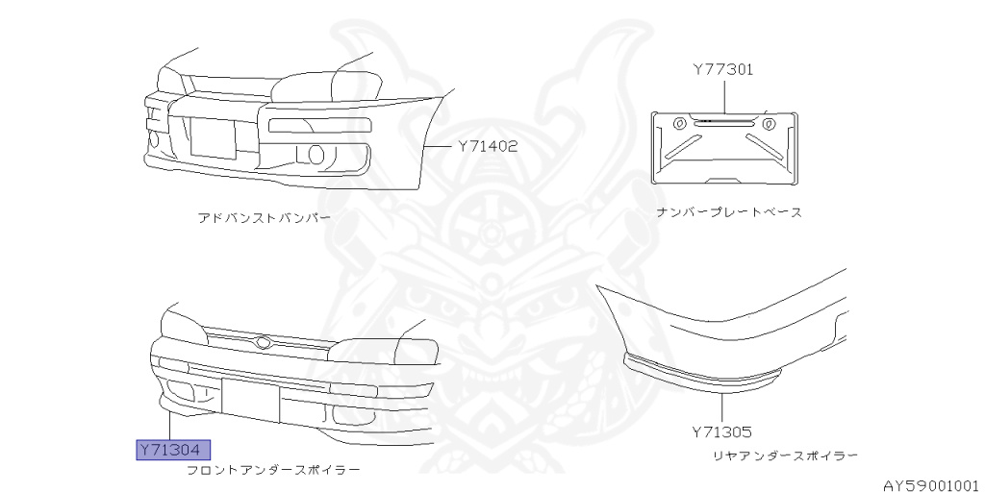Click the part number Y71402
(x=488, y=147)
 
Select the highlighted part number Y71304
(x=172, y=450)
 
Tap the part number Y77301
(x=722, y=70)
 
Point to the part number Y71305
(x=720, y=433)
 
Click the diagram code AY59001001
(x=930, y=484)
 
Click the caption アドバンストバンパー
(x=264, y=218)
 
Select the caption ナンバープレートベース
(x=728, y=211)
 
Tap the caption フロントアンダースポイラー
(x=273, y=471)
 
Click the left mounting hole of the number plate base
(x=678, y=123)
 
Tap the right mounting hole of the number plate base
(x=768, y=123)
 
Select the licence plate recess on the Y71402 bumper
(x=213, y=137)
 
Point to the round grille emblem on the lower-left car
(x=263, y=342)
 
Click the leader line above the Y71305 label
(x=720, y=404)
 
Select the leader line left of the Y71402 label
(x=437, y=147)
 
